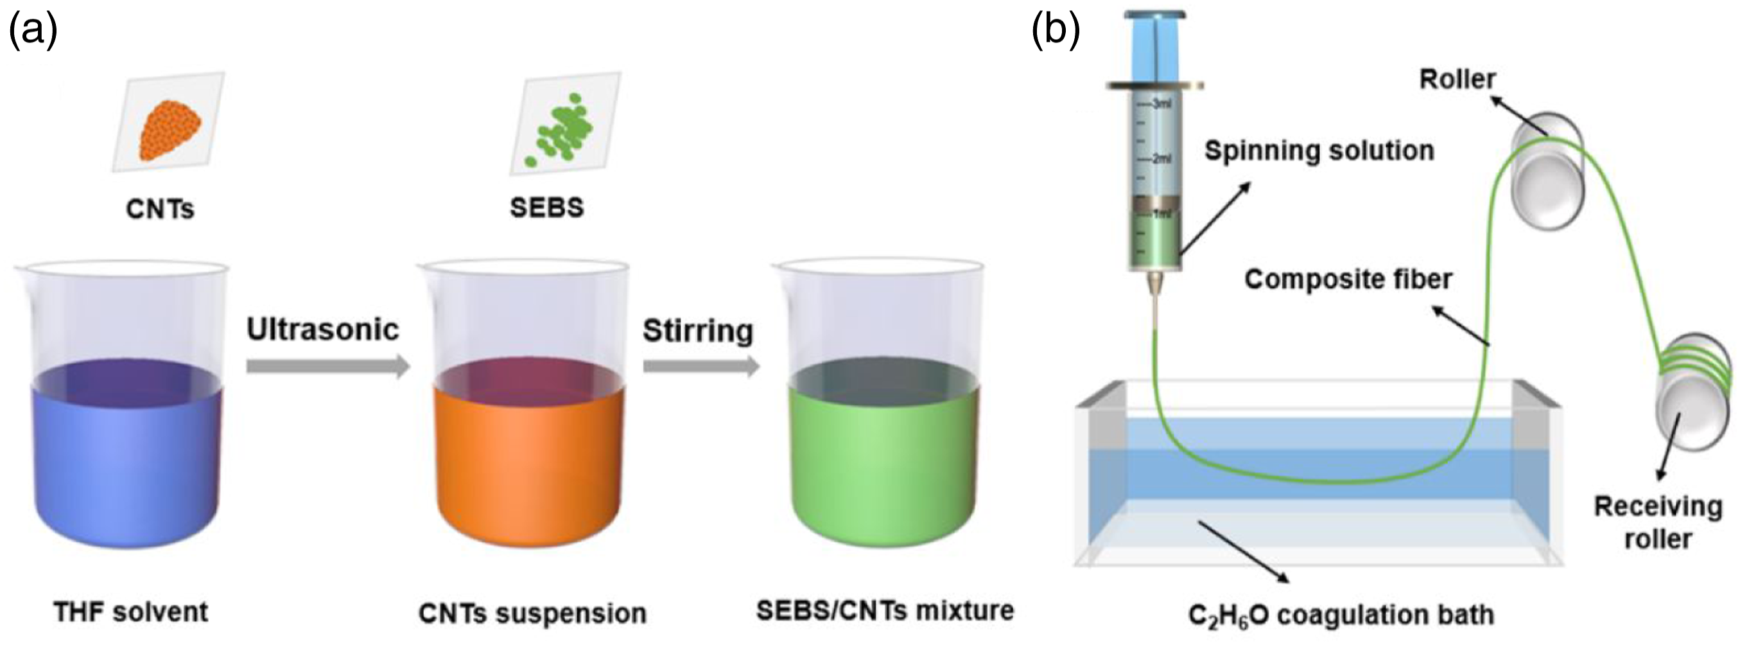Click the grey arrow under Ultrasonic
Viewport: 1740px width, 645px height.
(x=328, y=366)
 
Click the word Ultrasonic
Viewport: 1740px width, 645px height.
(x=323, y=330)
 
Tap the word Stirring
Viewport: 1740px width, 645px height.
(x=698, y=331)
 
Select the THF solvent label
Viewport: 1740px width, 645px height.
(x=131, y=612)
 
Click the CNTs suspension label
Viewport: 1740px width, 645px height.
(x=532, y=614)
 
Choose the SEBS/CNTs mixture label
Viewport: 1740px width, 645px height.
(x=885, y=610)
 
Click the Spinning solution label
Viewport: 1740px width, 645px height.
(x=1319, y=151)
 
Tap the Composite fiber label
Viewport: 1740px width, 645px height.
(x=1348, y=279)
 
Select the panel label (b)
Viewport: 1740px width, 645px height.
(x=1056, y=31)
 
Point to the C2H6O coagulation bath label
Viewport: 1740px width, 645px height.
(x=1341, y=615)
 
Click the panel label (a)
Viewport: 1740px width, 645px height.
(x=32, y=31)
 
